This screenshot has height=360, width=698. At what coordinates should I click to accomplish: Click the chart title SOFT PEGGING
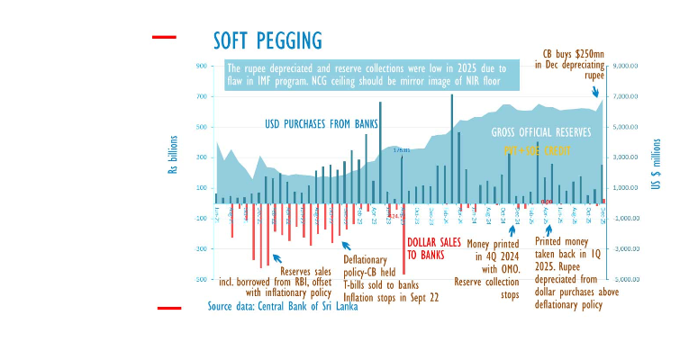pyautogui.click(x=267, y=40)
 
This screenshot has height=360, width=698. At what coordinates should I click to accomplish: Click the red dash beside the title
pyautogui.click(x=164, y=38)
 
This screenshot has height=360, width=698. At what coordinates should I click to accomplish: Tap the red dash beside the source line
pyautogui.click(x=169, y=308)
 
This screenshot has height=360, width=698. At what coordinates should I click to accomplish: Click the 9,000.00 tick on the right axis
pyautogui.click(x=625, y=66)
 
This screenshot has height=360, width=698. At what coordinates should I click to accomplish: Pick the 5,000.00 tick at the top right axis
pyautogui.click(x=625, y=127)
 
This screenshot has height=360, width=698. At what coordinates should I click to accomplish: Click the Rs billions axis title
pyautogui.click(x=174, y=154)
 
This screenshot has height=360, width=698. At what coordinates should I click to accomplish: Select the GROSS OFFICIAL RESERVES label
pyautogui.click(x=541, y=132)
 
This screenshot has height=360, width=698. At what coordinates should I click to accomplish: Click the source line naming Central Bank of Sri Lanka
pyautogui.click(x=283, y=306)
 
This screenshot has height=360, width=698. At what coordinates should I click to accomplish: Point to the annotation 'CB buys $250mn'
pyautogui.click(x=573, y=53)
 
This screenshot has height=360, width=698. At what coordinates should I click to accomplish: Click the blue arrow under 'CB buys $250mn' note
pyautogui.click(x=594, y=90)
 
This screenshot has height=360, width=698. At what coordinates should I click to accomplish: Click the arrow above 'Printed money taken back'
pyautogui.click(x=548, y=229)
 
